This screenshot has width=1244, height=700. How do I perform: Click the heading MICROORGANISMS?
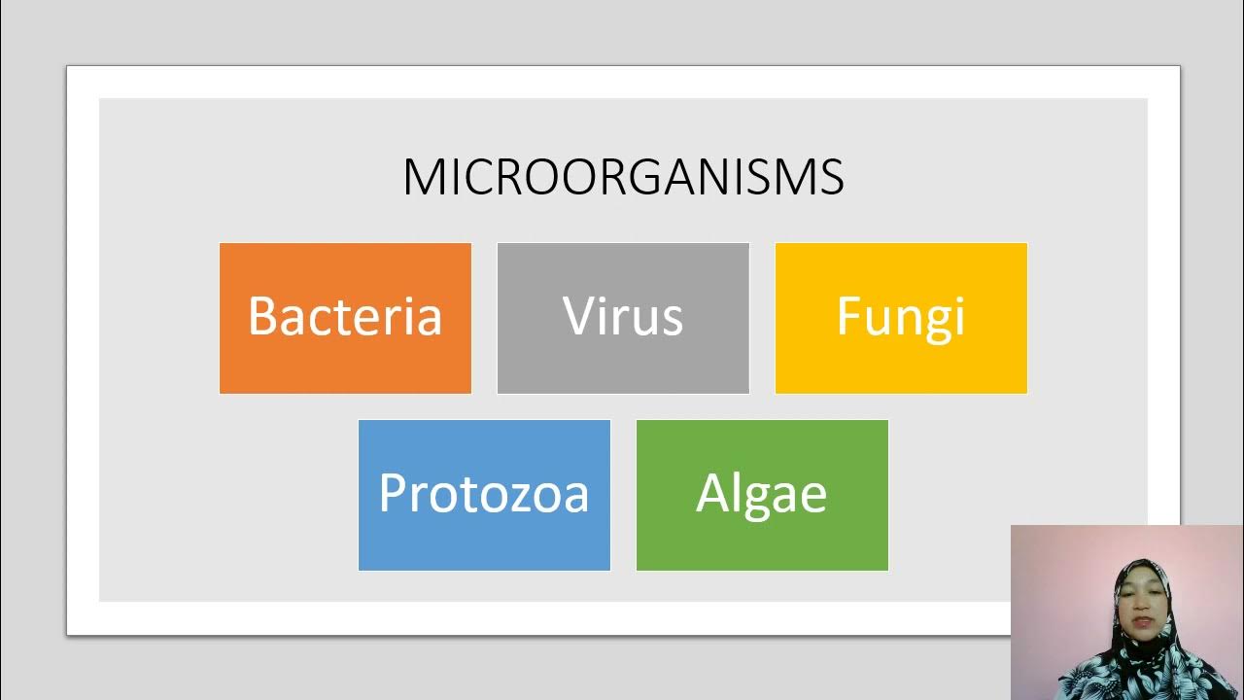click(x=623, y=177)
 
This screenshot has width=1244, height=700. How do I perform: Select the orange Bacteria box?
click(x=345, y=318)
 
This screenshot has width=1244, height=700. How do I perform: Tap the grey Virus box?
click(x=623, y=318)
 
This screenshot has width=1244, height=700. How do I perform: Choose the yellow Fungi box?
click(x=901, y=318)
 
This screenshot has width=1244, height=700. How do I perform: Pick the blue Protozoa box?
click(x=484, y=495)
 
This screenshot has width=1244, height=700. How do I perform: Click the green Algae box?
click(x=762, y=495)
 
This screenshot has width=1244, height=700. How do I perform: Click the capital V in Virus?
click(x=580, y=316)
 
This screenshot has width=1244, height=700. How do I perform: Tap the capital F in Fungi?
click(x=849, y=316)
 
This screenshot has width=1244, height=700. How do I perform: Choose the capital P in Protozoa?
click(x=392, y=493)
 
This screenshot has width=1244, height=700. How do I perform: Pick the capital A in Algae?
click(x=713, y=493)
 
